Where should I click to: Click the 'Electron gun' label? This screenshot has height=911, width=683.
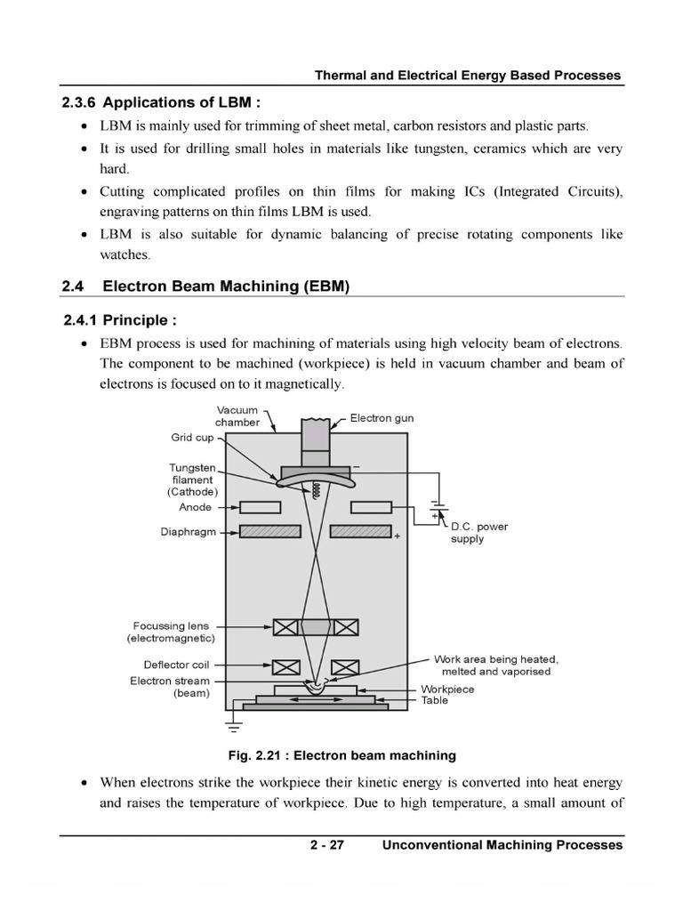(382, 418)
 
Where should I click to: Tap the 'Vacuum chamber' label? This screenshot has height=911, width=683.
(237, 416)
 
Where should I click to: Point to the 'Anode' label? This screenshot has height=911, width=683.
(195, 507)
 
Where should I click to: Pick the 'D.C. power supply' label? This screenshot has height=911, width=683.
(479, 532)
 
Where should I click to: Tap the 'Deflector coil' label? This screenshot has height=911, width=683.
(176, 665)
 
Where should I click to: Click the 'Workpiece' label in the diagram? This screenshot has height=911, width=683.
(447, 689)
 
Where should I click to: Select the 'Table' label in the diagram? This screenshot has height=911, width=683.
(435, 700)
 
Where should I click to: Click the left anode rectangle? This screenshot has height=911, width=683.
(260, 507)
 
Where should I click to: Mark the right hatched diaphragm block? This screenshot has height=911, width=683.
(361, 531)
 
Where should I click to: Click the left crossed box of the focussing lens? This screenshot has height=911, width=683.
(285, 627)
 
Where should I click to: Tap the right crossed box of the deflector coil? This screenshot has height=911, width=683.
(344, 666)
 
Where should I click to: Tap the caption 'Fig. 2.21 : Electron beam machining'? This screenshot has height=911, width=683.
(341, 755)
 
